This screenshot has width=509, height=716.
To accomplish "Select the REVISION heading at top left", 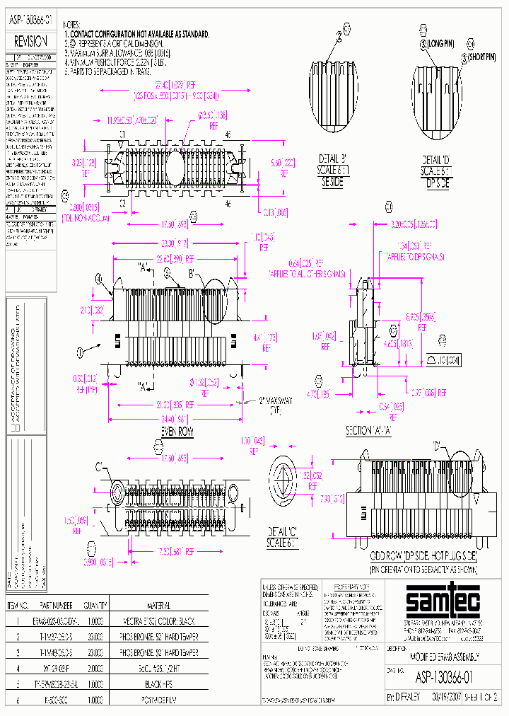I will pyautogui.click(x=30, y=42).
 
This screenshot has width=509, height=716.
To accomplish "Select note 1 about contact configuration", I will pyautogui.click(x=138, y=34).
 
